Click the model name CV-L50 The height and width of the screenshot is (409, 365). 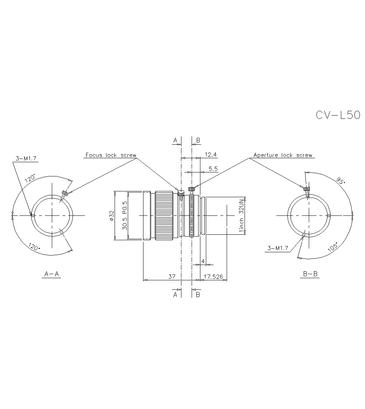click(338, 115)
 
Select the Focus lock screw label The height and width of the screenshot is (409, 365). click(111, 155)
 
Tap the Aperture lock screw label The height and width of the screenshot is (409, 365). click(283, 155)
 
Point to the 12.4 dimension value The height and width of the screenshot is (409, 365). click(211, 155)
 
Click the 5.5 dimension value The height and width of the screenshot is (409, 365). click(213, 168)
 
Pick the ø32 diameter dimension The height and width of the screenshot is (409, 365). click(111, 215)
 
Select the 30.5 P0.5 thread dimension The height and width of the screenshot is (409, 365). click(124, 215)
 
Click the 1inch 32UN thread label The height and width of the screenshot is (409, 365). click(241, 216)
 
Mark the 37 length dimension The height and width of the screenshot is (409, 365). click(172, 277)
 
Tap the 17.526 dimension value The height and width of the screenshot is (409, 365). click(213, 277)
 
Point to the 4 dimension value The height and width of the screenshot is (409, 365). click(203, 261)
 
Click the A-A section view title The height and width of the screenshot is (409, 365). click(51, 274)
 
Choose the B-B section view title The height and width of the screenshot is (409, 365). click(311, 274)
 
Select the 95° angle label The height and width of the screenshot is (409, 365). click(341, 180)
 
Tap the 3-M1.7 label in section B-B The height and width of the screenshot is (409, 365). click(278, 248)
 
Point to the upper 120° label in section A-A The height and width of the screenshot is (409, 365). click(30, 179)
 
